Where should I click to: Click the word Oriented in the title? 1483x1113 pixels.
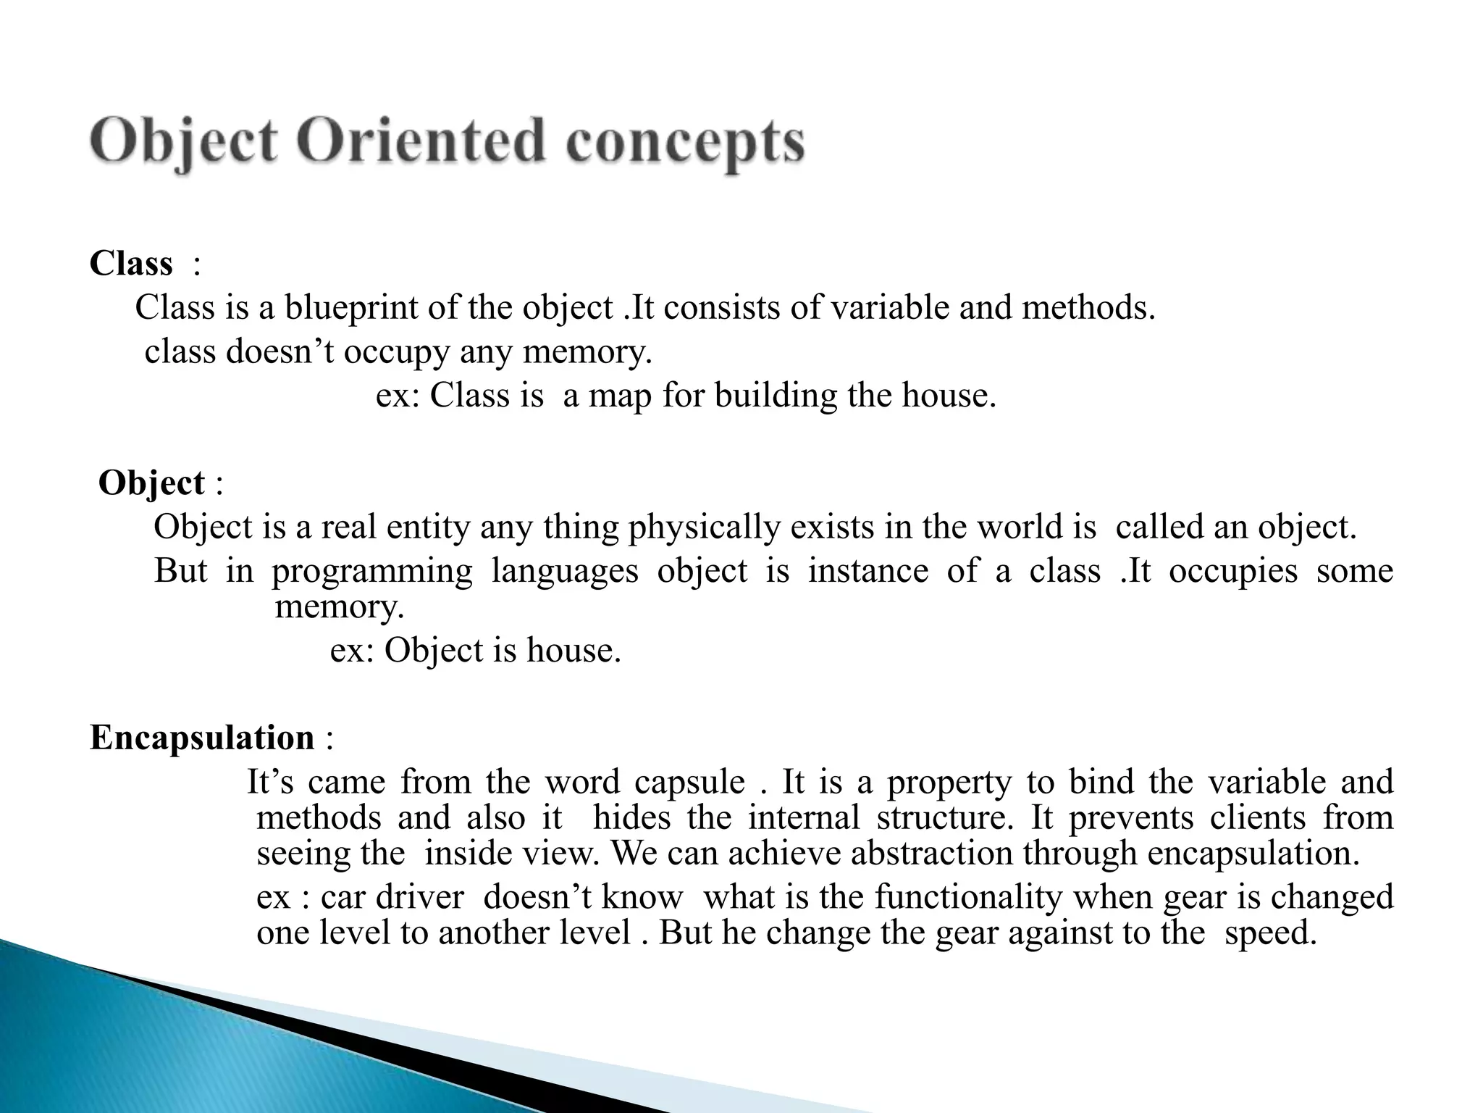(x=420, y=141)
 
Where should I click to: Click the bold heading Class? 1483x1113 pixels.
(x=131, y=264)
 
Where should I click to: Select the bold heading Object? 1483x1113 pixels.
(x=151, y=483)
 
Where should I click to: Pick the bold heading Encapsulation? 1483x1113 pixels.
(x=202, y=738)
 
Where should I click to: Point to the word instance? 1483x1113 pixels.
(x=867, y=571)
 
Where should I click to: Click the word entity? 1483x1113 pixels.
(x=428, y=528)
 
